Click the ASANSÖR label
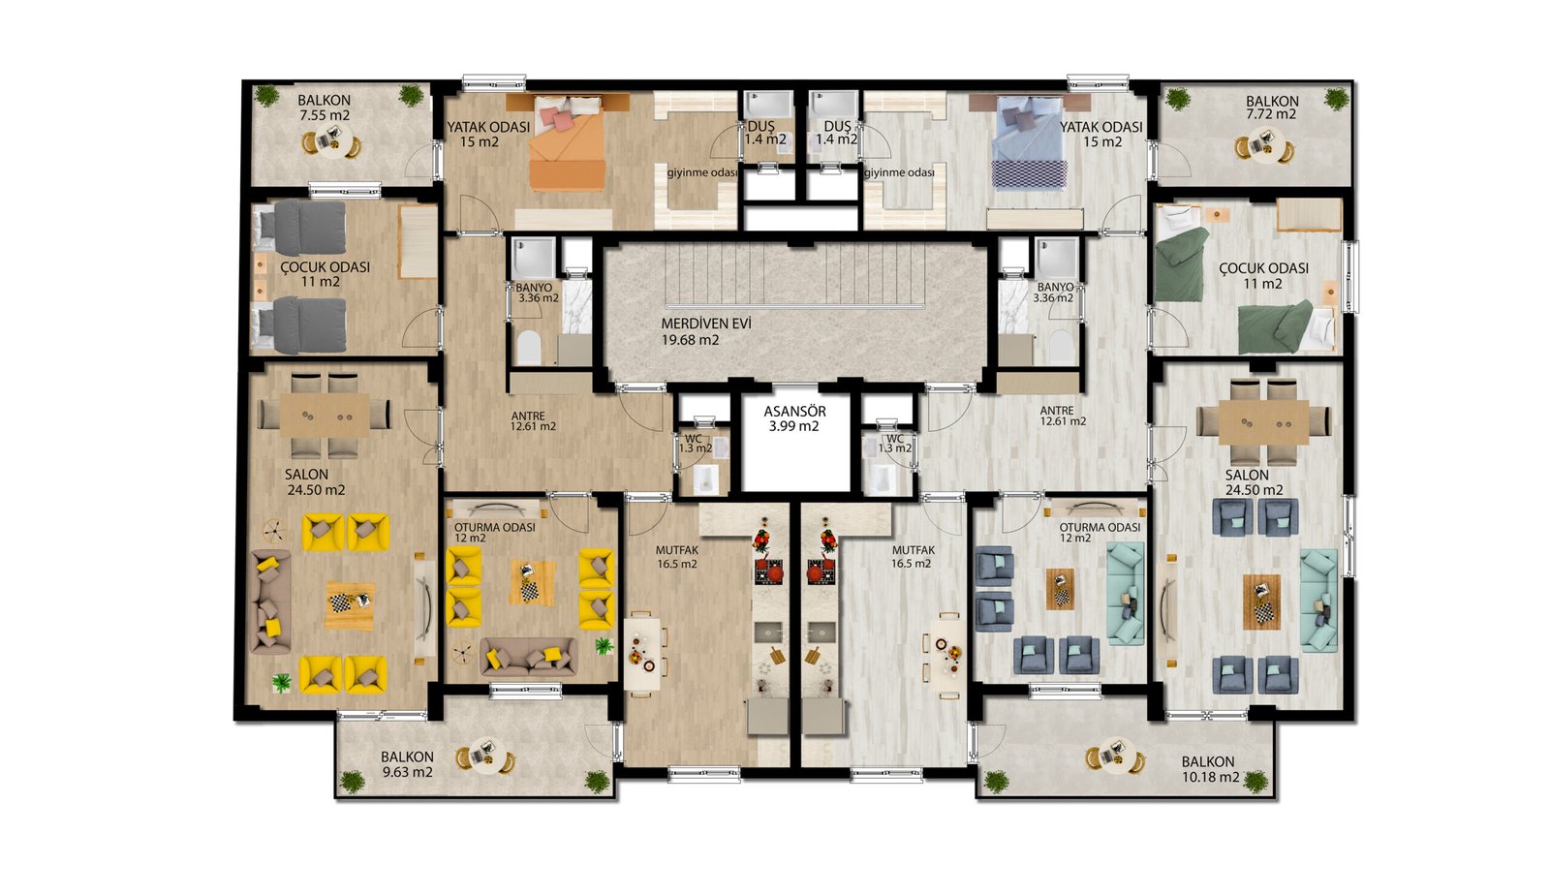[x=794, y=412]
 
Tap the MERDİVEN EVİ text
[x=706, y=324]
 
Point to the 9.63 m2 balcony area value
[x=408, y=772]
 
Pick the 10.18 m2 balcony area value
[x=1211, y=777]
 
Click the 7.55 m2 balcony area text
[x=325, y=115]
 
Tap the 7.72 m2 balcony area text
[x=1271, y=114]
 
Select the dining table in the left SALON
[x=325, y=416]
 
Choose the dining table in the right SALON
[x=1263, y=422]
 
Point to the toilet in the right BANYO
[x=1060, y=346]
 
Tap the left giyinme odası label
[x=702, y=172]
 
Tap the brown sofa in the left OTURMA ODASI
[x=529, y=657]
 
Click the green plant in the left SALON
[x=281, y=683]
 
